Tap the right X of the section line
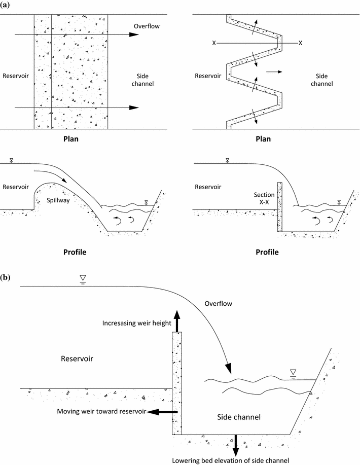click(301, 43)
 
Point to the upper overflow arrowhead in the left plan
click(134, 34)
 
